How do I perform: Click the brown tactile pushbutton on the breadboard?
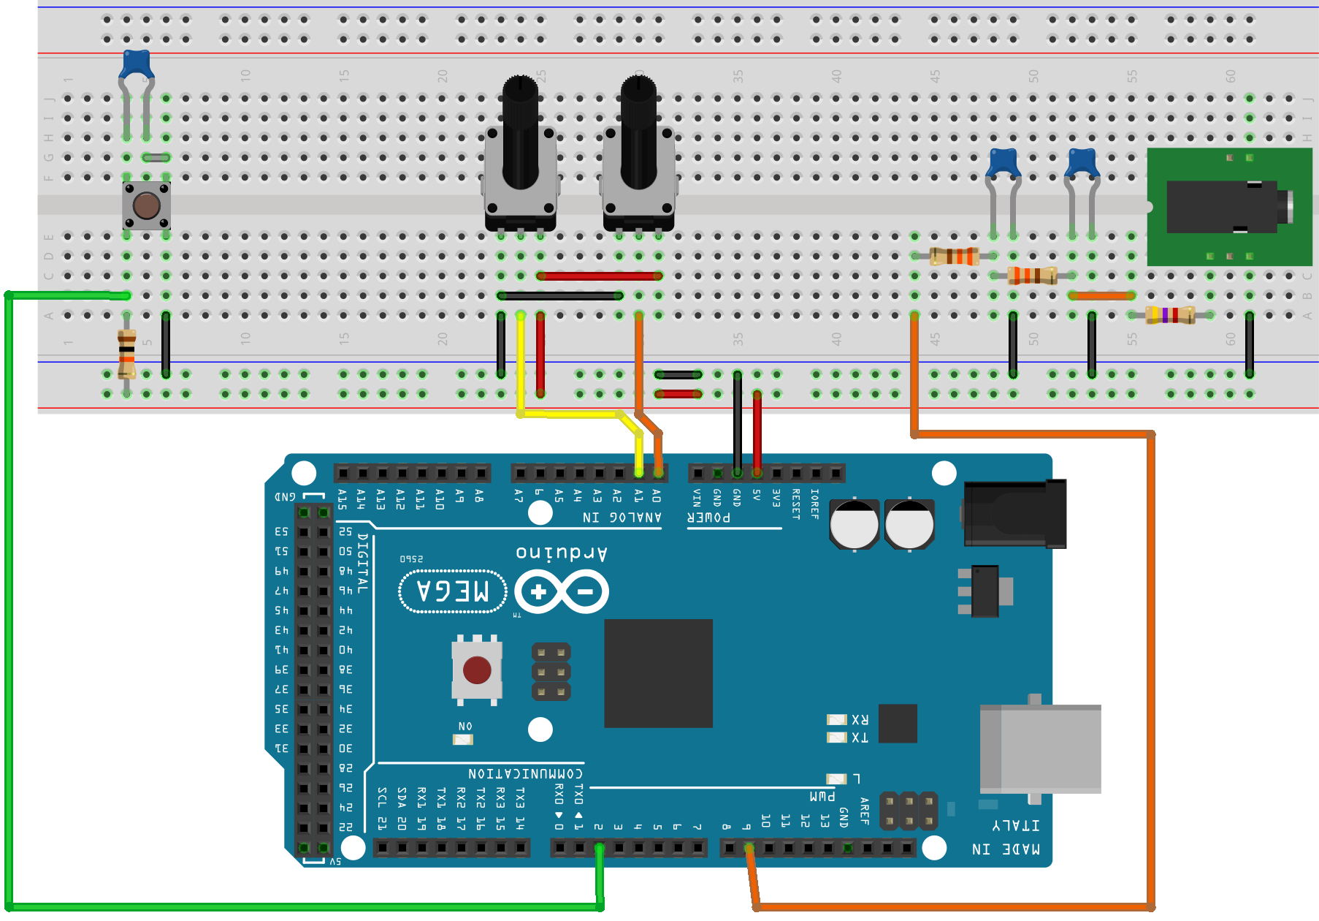[x=146, y=206]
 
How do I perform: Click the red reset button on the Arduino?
[x=476, y=670]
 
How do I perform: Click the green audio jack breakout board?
[x=1228, y=207]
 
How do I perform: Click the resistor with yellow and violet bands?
[x=1170, y=315]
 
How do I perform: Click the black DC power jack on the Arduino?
[x=1015, y=514]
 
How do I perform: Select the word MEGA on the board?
[x=453, y=591]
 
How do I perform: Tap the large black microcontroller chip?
[x=658, y=673]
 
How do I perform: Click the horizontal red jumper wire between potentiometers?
[x=599, y=276]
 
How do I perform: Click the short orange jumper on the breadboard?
[x=1101, y=295]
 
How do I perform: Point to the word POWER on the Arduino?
[x=708, y=518]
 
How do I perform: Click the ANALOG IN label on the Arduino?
[x=622, y=518]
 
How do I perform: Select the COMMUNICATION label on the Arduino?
[x=525, y=773]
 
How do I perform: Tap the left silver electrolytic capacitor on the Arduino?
[x=854, y=523]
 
